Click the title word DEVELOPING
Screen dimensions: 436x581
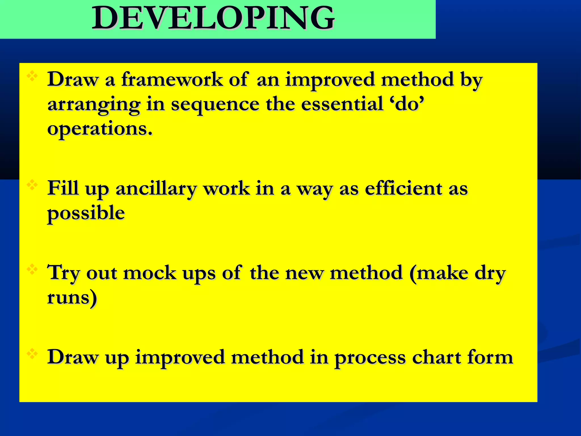tap(213, 18)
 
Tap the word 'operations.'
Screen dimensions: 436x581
tap(100, 129)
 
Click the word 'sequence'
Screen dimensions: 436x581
tap(215, 104)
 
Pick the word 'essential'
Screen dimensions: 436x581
tap(342, 104)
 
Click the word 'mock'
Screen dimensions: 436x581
tap(150, 273)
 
